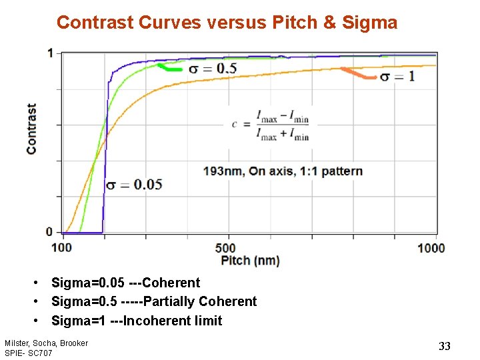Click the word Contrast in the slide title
point(95,23)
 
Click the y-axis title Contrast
point(32,129)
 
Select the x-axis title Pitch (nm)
point(250,260)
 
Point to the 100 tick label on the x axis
point(61,248)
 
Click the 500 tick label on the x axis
point(227,248)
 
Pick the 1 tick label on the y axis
point(50,53)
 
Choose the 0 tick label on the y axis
point(50,232)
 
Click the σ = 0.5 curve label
point(213,68)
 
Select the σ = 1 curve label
point(398,77)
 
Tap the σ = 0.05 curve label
point(135,185)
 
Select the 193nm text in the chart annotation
point(223,171)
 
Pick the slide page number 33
point(445,345)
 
